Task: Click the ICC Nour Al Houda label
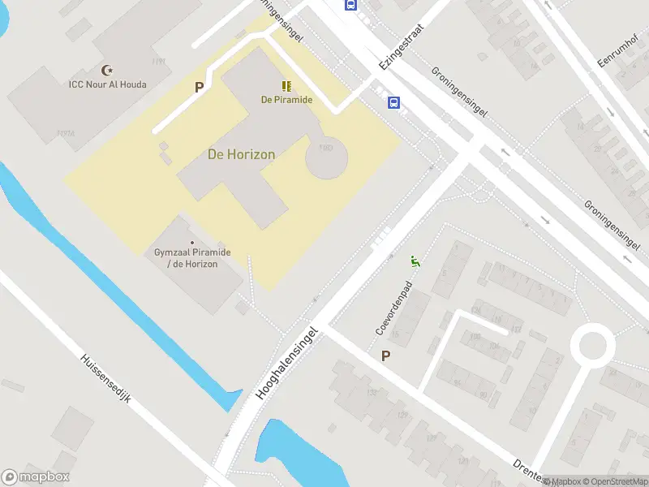coord(107,84)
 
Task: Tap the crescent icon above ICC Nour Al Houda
coord(107,71)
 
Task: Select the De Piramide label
coord(286,100)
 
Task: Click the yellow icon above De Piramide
coord(286,86)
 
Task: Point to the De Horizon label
coord(242,154)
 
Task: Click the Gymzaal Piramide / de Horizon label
coord(192,258)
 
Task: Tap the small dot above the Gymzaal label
coord(192,243)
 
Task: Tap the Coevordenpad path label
coord(390,309)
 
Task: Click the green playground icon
coord(415,261)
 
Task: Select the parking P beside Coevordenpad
coord(385,356)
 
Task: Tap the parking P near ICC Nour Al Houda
coord(198,87)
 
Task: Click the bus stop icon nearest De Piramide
coord(394,102)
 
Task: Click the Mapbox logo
coord(36,477)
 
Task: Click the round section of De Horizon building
coord(326,157)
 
